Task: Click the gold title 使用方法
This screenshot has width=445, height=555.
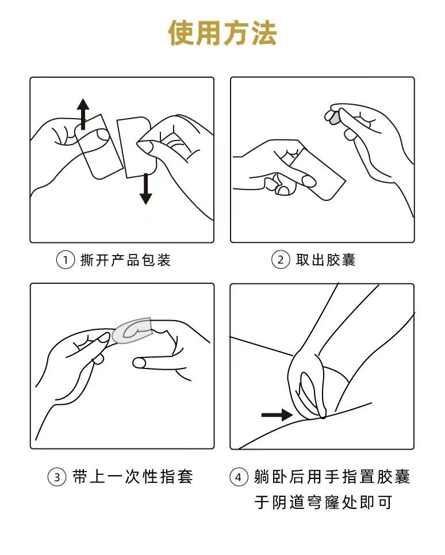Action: click(222, 33)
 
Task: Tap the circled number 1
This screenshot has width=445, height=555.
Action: click(66, 260)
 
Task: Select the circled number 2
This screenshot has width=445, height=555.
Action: click(281, 260)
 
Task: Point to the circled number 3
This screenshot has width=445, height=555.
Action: click(57, 477)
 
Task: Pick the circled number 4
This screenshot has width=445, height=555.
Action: click(239, 477)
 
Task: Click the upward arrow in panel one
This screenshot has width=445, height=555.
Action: click(83, 114)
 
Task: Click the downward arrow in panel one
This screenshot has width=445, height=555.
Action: click(145, 189)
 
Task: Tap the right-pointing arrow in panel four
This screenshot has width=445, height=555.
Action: click(277, 415)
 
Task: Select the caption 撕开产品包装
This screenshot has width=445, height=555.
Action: click(126, 260)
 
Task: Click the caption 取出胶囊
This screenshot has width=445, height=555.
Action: click(325, 260)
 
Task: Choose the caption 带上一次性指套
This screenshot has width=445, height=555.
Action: click(133, 477)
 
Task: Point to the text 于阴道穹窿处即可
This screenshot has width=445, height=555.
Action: click(323, 502)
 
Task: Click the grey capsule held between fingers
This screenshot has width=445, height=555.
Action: click(333, 117)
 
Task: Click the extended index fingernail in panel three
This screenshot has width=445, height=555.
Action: click(139, 363)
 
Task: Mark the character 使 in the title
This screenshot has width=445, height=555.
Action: click(181, 33)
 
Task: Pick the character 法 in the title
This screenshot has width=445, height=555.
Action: click(264, 33)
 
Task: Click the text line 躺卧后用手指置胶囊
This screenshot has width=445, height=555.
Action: click(332, 477)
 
